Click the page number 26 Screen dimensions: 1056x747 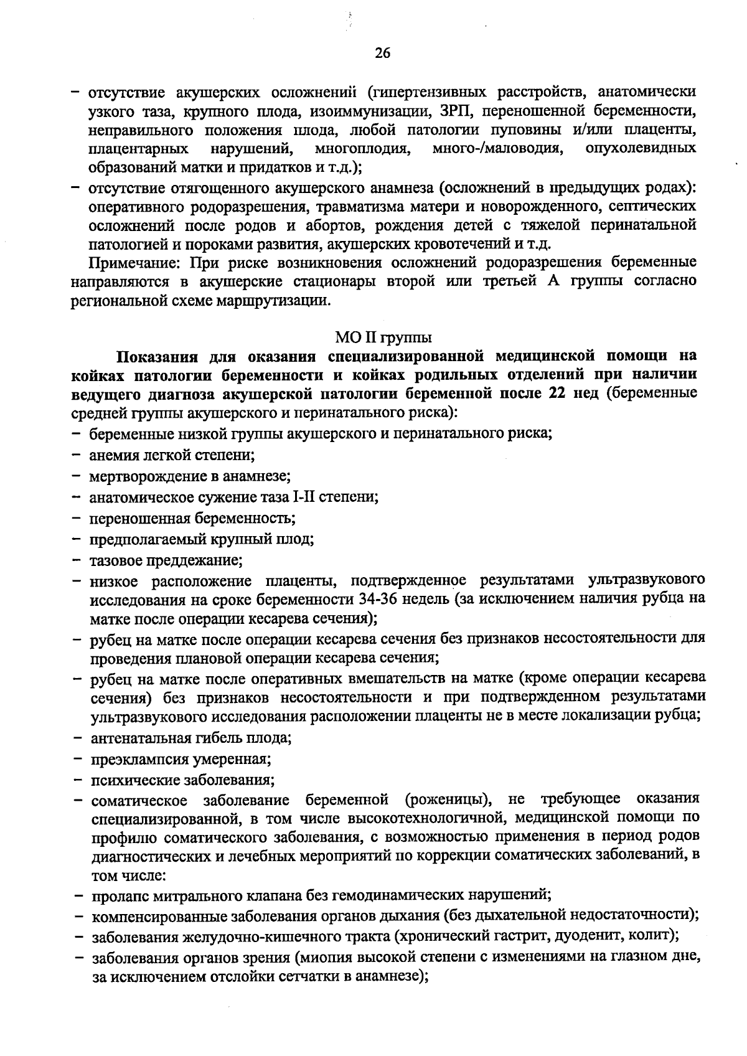[382, 54]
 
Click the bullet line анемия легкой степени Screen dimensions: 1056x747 [172, 455]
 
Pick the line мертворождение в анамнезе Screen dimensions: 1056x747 [190, 476]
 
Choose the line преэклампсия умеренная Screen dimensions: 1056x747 [180, 759]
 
